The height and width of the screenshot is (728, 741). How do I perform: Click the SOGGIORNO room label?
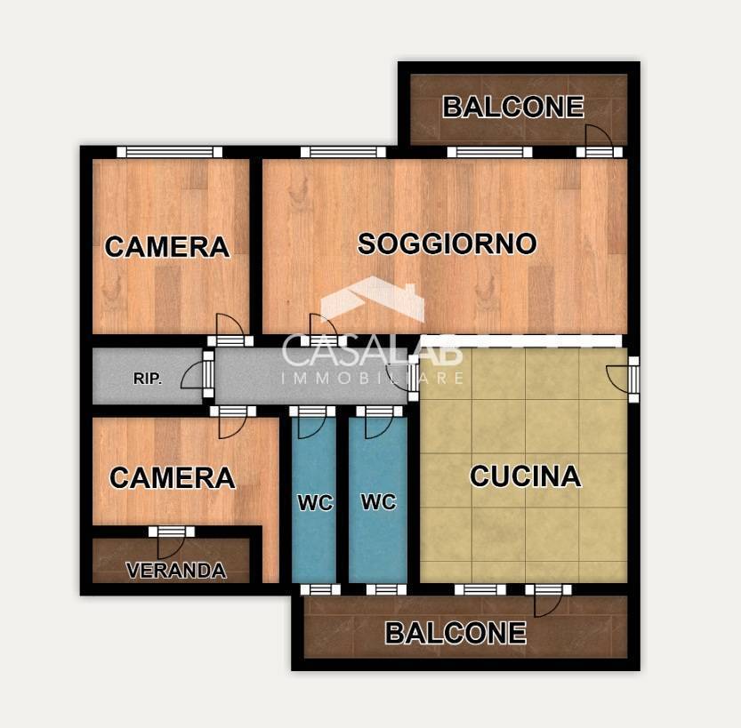click(447, 244)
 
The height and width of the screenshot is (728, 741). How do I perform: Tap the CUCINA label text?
click(525, 476)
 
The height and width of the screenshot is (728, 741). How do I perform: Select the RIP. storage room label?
click(148, 379)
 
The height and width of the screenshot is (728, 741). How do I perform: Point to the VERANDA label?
click(175, 571)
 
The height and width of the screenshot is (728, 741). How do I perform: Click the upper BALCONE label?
click(513, 107)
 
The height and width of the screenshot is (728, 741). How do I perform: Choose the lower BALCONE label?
click(455, 633)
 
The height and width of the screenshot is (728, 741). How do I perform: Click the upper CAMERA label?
click(167, 246)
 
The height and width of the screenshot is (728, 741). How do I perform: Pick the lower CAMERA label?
click(172, 478)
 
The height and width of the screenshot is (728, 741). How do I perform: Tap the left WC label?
click(315, 503)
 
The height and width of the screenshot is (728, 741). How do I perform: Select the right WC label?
click(378, 501)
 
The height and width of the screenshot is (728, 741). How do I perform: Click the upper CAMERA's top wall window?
click(170, 152)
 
